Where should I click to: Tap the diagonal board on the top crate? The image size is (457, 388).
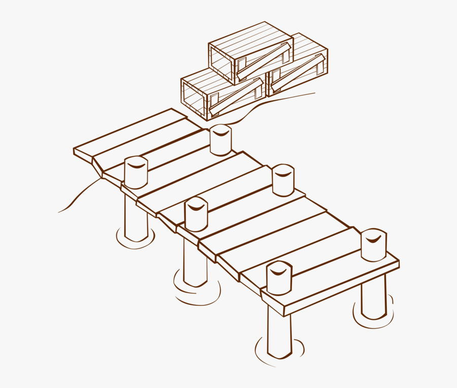pyautogui.click(x=264, y=61)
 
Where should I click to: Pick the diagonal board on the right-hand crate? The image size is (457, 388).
pyautogui.click(x=297, y=73)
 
